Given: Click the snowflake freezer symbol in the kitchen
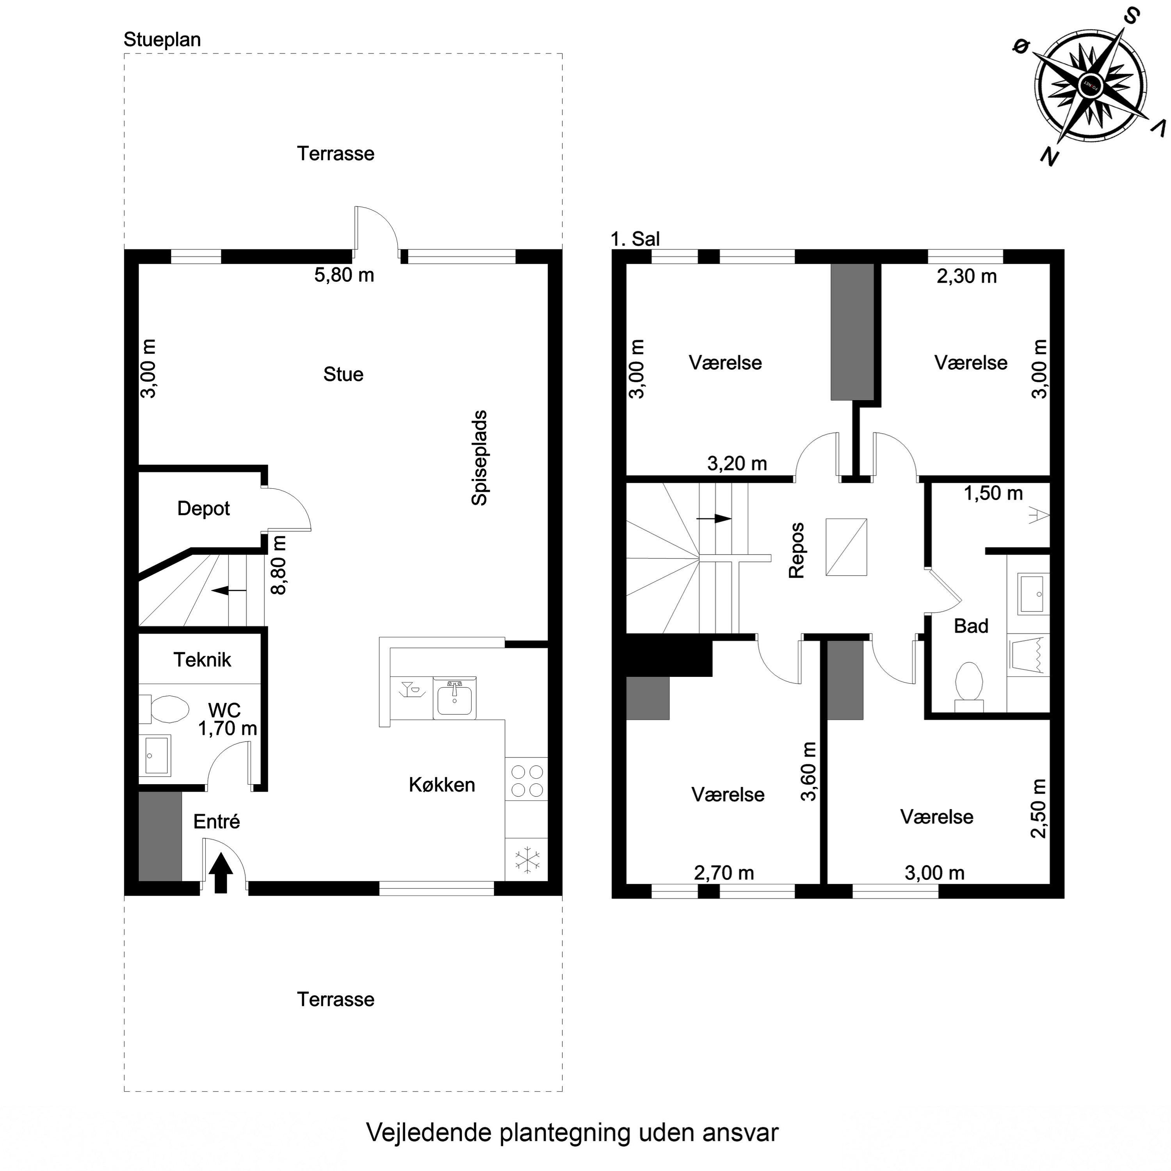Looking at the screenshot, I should point(527,860).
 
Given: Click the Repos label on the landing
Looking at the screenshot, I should point(796,550).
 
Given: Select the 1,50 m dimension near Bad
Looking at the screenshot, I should point(993,493).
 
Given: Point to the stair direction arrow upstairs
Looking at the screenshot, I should point(714,518).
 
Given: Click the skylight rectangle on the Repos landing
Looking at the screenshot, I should point(846,547).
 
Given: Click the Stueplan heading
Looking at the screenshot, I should point(162,39).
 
